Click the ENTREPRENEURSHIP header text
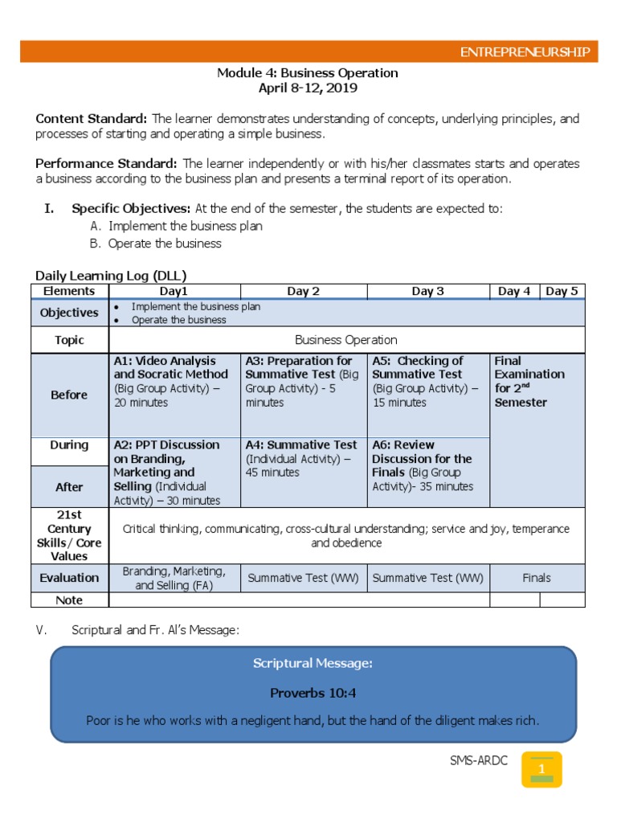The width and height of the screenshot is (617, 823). [x=524, y=53]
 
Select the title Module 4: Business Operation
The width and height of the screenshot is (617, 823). [x=308, y=73]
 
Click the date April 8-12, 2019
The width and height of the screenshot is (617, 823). [x=308, y=88]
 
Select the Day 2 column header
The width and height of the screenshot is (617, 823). [x=303, y=291]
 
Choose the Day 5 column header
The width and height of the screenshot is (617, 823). [x=562, y=291]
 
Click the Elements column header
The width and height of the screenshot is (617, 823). [x=69, y=291]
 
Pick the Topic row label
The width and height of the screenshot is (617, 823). [x=69, y=340]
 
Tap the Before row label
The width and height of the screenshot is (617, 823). [x=69, y=395]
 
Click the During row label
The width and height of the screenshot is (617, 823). [x=69, y=445]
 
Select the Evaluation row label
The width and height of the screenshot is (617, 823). [x=69, y=578]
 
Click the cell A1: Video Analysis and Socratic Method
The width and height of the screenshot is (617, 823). [x=174, y=381]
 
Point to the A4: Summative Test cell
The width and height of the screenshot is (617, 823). [x=303, y=459]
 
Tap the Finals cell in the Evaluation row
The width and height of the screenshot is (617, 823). [x=537, y=578]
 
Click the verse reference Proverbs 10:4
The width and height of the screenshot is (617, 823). [x=313, y=692]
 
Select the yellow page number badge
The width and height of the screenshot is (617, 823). [x=541, y=769]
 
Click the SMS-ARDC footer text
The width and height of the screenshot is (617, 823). [x=479, y=761]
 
